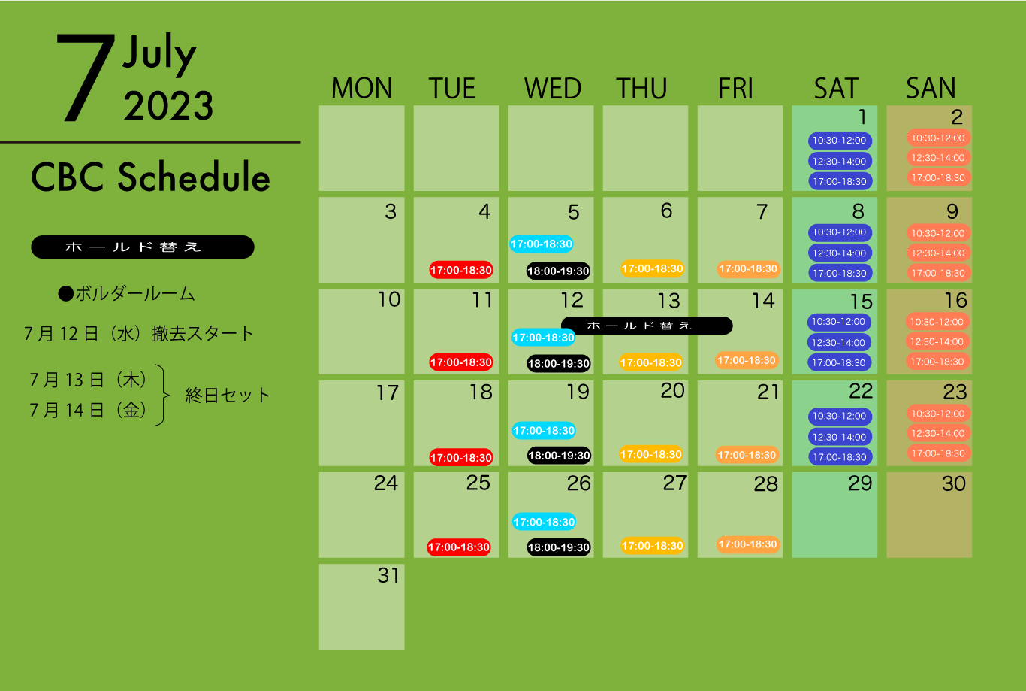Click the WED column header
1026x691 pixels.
[552, 88]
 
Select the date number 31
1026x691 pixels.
[388, 575]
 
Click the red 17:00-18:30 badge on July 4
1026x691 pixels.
[460, 270]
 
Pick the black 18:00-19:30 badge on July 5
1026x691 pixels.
[558, 271]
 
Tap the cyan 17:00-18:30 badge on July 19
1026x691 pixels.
[544, 431]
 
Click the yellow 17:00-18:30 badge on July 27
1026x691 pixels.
[652, 546]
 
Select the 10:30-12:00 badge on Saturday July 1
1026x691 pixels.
[840, 141]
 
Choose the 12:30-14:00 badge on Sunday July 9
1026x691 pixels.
[938, 253]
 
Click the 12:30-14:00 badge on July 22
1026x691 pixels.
[840, 437]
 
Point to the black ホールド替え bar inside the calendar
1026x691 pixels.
[646, 326]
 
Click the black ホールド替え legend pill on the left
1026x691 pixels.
[143, 247]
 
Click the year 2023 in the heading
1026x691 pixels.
[168, 106]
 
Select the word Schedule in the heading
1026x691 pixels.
[194, 177]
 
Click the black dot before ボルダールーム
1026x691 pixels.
[66, 294]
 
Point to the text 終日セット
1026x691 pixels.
[227, 396]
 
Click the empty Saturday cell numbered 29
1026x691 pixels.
[834, 515]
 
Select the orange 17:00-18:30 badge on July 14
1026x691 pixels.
[747, 360]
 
